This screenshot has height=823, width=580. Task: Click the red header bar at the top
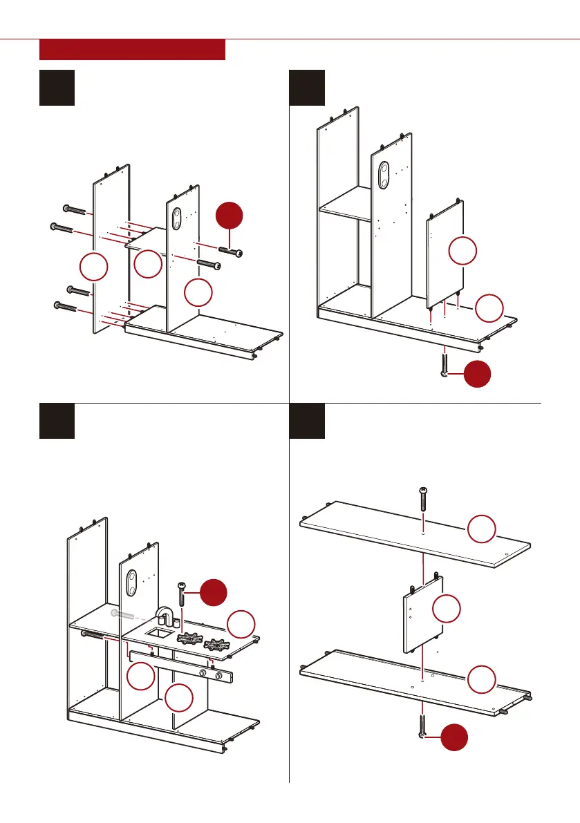pyautogui.click(x=133, y=50)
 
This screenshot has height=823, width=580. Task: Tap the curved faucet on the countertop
pyautogui.click(x=165, y=618)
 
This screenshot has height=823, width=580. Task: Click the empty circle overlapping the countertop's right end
pyautogui.click(x=241, y=623)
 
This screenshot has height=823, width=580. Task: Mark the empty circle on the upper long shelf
pyautogui.click(x=482, y=531)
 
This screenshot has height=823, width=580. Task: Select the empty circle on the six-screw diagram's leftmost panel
pyautogui.click(x=93, y=267)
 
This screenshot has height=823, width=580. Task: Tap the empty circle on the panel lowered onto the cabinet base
pyautogui.click(x=462, y=251)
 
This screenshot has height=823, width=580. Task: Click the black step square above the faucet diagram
pyautogui.click(x=57, y=421)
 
